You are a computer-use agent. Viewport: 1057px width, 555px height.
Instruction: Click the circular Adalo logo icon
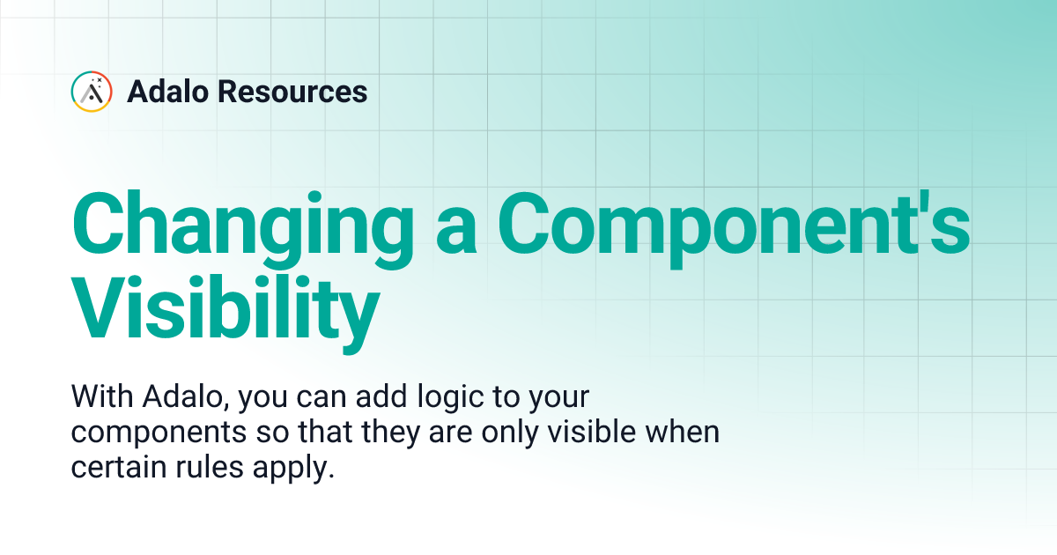(x=91, y=92)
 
